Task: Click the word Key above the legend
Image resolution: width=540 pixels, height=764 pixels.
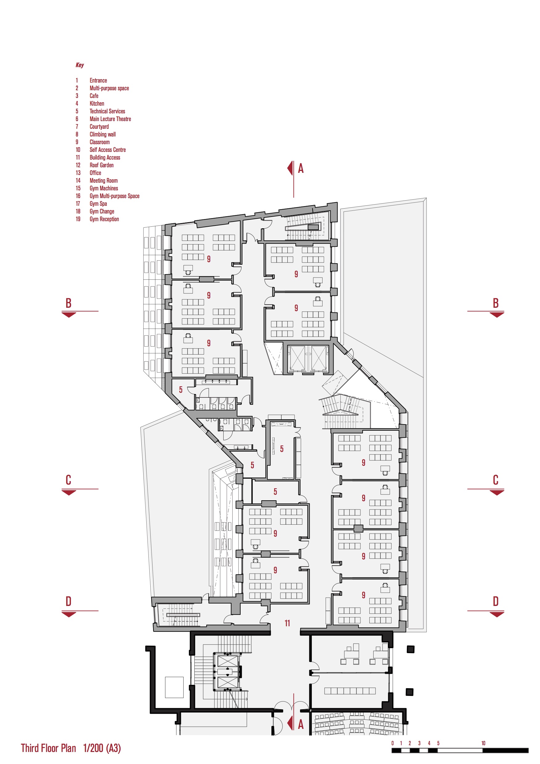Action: click(x=79, y=65)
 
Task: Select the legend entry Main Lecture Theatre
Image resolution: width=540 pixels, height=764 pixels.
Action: click(x=110, y=119)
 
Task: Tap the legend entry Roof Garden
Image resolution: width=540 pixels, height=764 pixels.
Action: click(x=101, y=165)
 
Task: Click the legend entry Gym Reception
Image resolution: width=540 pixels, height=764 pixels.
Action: click(x=104, y=219)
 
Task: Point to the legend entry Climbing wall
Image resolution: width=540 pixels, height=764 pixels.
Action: click(x=103, y=134)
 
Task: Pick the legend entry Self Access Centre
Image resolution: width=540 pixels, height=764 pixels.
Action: click(x=108, y=150)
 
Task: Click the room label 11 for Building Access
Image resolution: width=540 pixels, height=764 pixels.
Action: click(x=287, y=623)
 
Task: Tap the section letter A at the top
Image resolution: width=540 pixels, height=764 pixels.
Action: click(x=300, y=169)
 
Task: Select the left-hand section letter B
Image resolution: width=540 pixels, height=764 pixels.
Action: click(x=68, y=303)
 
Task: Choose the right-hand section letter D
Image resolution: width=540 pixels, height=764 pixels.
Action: click(x=495, y=601)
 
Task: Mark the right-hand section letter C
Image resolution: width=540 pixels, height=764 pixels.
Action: click(x=495, y=480)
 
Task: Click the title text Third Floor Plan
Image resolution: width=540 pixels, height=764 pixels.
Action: click(x=49, y=748)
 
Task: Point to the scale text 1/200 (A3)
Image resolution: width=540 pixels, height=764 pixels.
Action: click(x=102, y=748)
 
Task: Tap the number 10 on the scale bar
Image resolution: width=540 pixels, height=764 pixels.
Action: click(x=483, y=743)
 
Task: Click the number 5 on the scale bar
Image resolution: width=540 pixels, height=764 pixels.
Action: click(x=438, y=743)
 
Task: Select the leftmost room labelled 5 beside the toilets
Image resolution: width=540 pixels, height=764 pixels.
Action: click(x=181, y=390)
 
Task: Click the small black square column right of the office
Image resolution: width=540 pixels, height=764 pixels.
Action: click(x=411, y=649)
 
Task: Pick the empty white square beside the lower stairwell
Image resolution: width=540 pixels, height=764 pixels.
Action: click(x=174, y=687)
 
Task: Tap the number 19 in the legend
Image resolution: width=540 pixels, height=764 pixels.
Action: click(x=78, y=219)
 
